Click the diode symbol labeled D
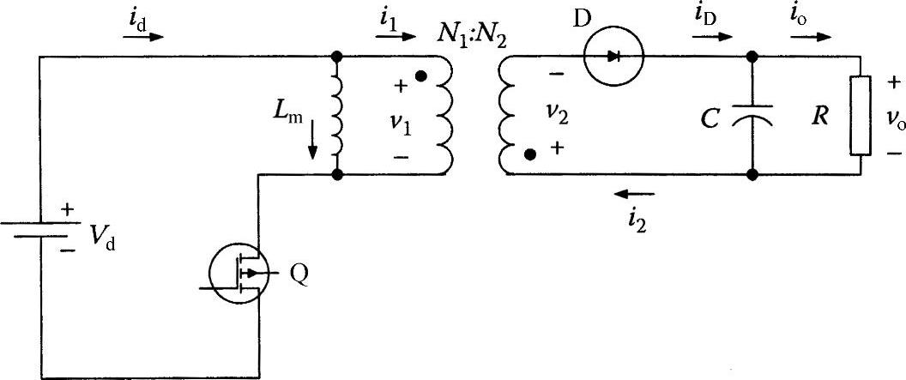click(x=612, y=57)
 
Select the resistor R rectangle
click(x=861, y=116)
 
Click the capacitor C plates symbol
click(x=752, y=116)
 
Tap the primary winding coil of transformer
click(x=444, y=116)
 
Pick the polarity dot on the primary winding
click(x=421, y=76)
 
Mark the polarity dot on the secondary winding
click(x=531, y=154)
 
